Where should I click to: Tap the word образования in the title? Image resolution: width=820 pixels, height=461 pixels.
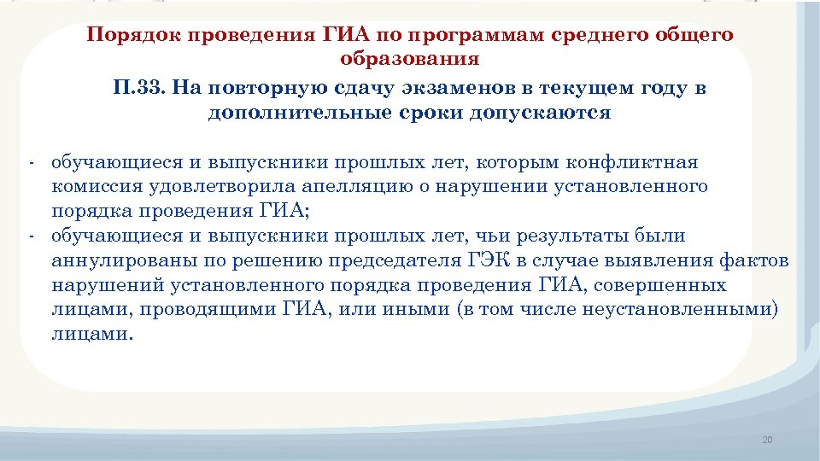pyautogui.click(x=410, y=59)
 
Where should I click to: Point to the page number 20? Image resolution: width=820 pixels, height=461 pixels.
pyautogui.click(x=766, y=440)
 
